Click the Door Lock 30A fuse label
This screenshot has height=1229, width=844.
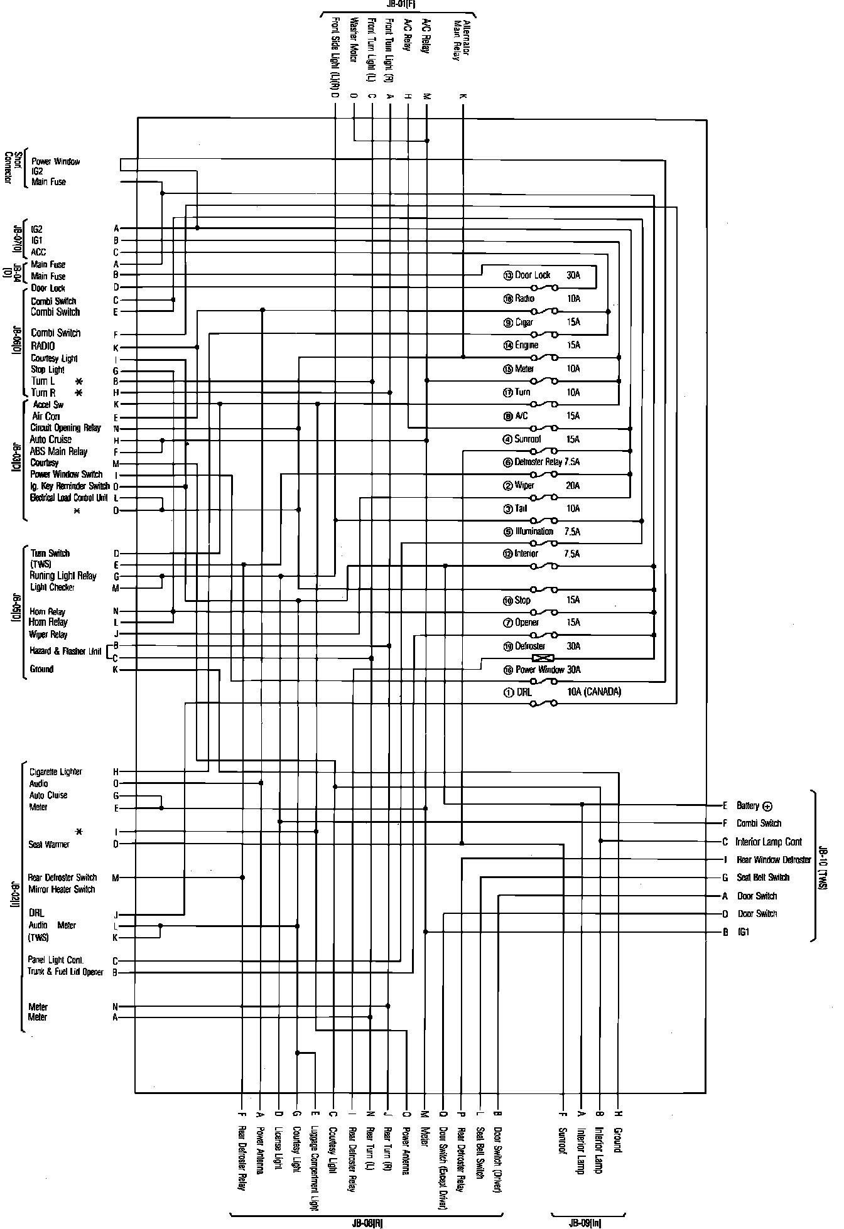(533, 275)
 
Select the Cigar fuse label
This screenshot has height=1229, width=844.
(524, 322)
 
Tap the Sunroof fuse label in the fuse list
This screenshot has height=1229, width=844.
(527, 439)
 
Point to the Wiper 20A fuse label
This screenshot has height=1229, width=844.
(524, 485)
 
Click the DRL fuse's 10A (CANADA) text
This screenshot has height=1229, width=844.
(593, 692)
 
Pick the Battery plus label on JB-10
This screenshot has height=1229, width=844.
(754, 805)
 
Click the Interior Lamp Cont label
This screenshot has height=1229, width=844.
(769, 842)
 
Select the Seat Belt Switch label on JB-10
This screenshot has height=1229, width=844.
(763, 877)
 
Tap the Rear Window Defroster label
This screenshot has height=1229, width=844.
(774, 860)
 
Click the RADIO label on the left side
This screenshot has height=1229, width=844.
(43, 346)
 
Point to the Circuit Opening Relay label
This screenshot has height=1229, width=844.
(65, 428)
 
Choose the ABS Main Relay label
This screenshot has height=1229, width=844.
(58, 451)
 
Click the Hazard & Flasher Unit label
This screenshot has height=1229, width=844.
(65, 651)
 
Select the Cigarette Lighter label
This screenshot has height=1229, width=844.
(55, 771)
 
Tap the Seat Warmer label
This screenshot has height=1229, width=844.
(48, 844)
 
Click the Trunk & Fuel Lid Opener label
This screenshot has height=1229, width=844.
(65, 972)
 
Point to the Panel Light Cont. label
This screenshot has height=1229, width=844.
(55, 960)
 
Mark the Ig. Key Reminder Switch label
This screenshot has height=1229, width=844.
(70, 486)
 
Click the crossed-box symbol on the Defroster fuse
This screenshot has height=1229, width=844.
(542, 658)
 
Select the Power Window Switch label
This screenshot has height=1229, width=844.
(66, 475)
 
